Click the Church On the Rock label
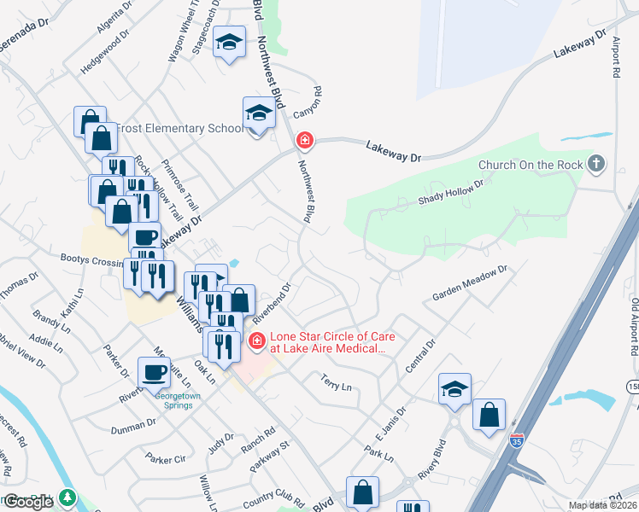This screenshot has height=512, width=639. [530, 165]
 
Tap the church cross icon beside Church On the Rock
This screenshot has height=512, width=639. [596, 163]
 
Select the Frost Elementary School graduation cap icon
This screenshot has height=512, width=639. [259, 113]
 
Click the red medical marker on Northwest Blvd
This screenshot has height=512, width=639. [304, 140]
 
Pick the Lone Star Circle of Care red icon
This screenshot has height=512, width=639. [255, 342]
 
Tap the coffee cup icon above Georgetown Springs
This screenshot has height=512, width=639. [155, 373]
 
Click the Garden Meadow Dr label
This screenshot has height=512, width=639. [469, 282]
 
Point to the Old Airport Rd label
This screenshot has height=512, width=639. [634, 327]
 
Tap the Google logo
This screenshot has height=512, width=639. [28, 502]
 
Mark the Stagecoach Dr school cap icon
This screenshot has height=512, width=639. [229, 42]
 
